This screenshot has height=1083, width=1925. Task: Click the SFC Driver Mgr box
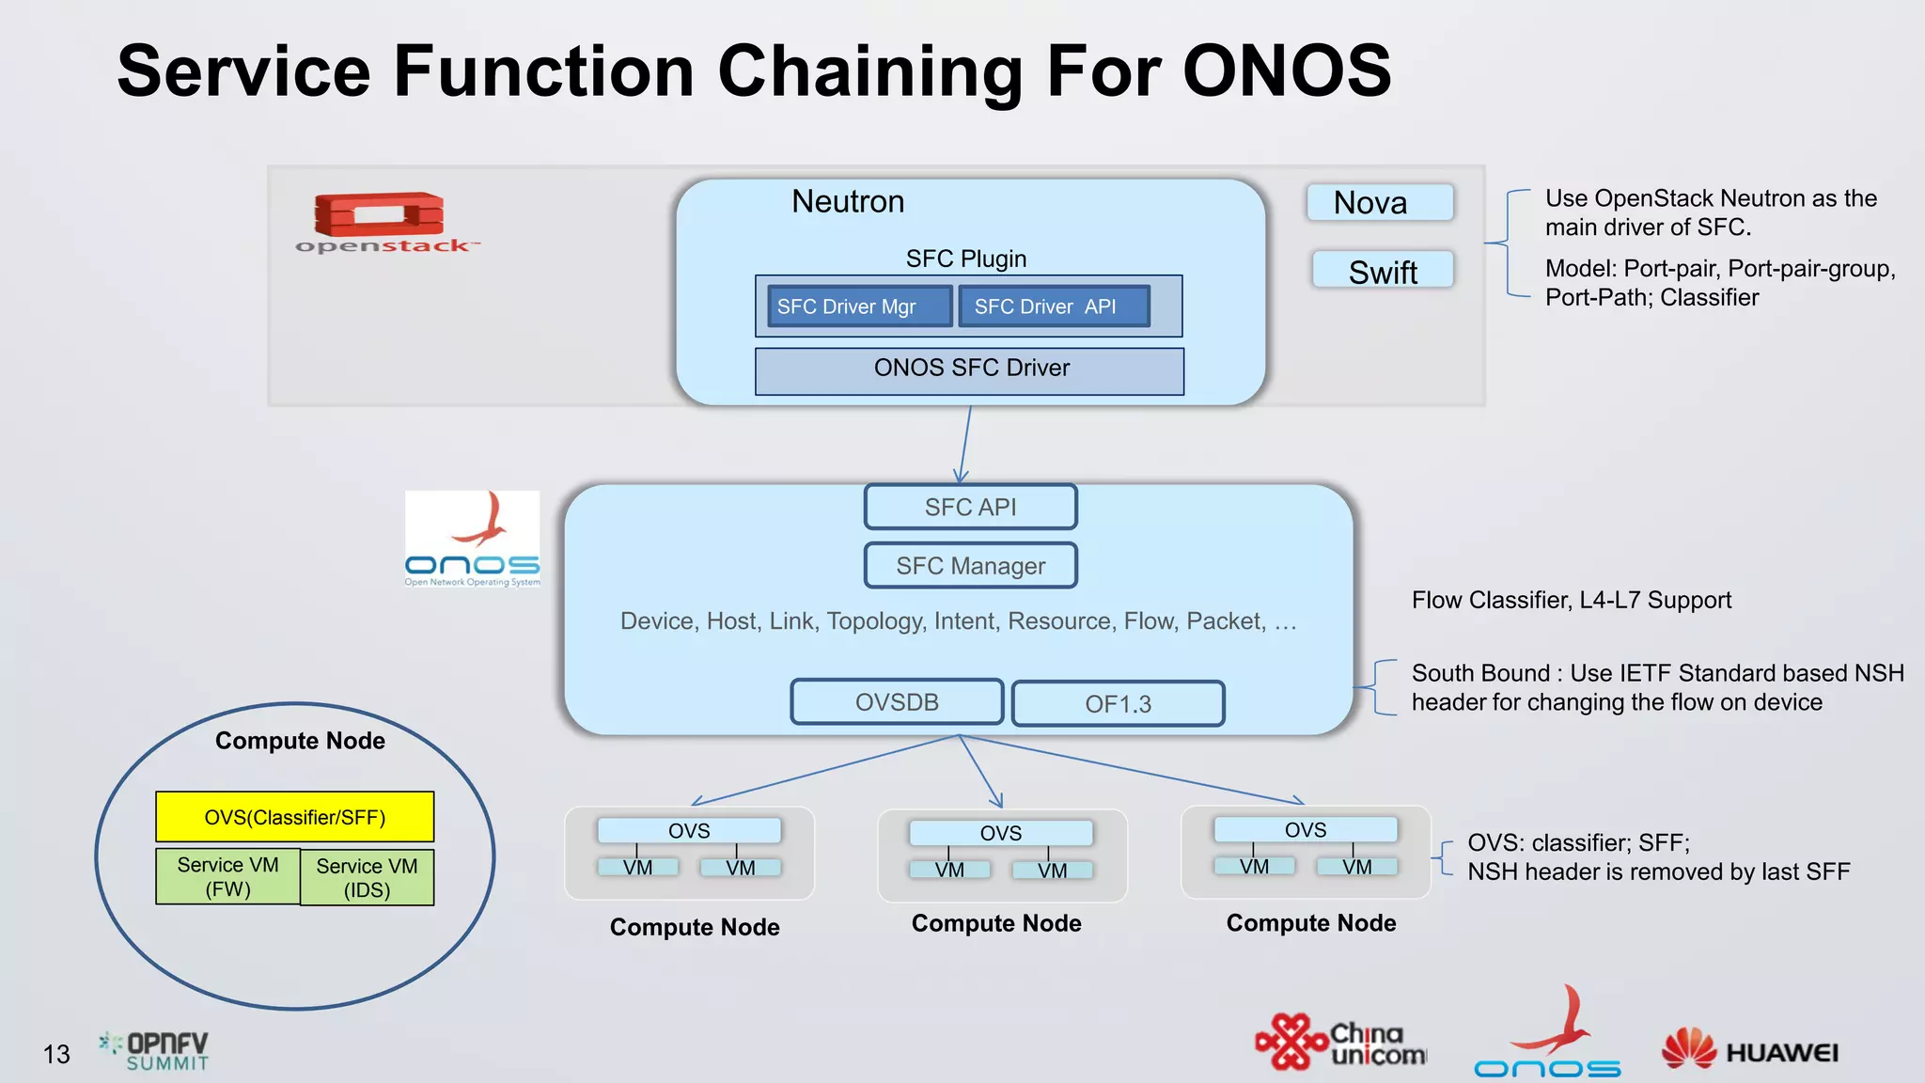[x=859, y=306]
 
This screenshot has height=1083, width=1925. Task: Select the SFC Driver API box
[x=1054, y=306]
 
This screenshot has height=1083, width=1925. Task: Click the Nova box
[x=1379, y=203]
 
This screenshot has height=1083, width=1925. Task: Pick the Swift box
[x=1382, y=270]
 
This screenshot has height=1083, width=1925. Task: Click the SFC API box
[x=970, y=508]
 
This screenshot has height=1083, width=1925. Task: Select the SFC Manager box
[x=970, y=566]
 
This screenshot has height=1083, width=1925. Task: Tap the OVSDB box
[x=897, y=702]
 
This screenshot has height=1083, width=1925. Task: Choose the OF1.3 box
[x=1118, y=704]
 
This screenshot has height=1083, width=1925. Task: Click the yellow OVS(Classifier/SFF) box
[x=295, y=817]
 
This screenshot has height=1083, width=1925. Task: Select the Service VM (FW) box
[x=228, y=876]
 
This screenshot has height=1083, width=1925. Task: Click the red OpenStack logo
[x=380, y=216]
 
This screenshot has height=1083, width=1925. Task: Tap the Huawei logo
[x=1749, y=1050]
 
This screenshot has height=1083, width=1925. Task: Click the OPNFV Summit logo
[x=155, y=1050]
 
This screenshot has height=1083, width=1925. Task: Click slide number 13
[x=56, y=1055]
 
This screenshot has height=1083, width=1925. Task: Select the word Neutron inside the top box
[x=847, y=202]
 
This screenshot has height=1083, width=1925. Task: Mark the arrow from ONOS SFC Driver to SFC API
[x=965, y=444]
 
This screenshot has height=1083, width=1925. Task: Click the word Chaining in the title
[x=870, y=72]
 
